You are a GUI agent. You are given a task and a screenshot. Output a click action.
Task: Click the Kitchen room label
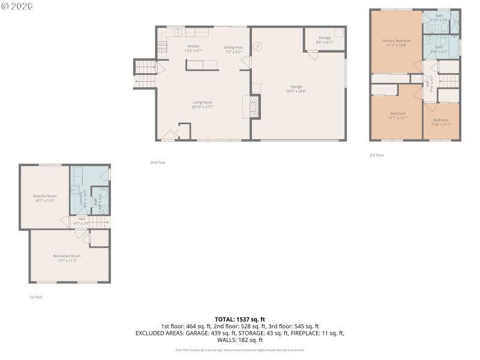(193, 46)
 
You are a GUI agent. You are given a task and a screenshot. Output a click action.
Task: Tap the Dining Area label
(233, 47)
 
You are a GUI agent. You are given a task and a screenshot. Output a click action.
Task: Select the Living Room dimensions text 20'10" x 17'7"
(203, 107)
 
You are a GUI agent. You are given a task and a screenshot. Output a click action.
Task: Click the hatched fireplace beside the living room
(253, 107)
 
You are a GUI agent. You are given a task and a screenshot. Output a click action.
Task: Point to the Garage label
(298, 86)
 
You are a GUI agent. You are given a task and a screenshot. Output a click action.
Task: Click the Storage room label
(325, 38)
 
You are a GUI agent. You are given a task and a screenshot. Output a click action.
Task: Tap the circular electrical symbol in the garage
(259, 46)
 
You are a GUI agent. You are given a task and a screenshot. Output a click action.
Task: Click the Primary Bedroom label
(397, 41)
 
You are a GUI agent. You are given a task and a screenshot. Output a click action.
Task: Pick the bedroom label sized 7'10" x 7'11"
(441, 120)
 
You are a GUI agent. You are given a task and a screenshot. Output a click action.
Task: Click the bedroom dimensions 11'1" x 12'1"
(398, 118)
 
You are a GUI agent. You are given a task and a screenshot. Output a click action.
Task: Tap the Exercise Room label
(44, 196)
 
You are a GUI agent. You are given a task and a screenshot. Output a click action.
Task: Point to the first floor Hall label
(81, 218)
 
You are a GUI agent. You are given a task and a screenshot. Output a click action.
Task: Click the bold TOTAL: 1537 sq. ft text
(240, 319)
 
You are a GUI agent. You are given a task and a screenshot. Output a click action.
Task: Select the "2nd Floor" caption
(158, 162)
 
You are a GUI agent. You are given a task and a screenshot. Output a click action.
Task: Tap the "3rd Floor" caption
(376, 155)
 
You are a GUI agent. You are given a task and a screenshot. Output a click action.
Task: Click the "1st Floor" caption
(35, 297)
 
